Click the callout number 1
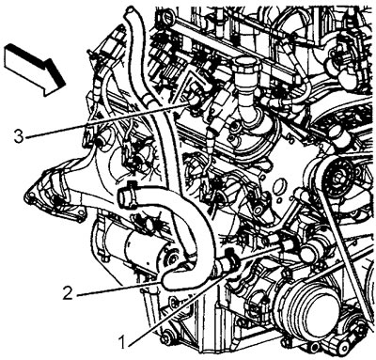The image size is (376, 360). coord(122,340)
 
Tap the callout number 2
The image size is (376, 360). coord(68,293)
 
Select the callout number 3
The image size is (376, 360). coord(19,136)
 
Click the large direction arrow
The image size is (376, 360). coord(35,69)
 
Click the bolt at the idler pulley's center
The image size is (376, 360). coord(339,178)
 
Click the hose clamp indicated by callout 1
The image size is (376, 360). coord(231,258)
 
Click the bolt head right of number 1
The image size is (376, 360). coord(165,339)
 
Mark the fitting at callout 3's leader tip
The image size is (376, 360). coord(195,101)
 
